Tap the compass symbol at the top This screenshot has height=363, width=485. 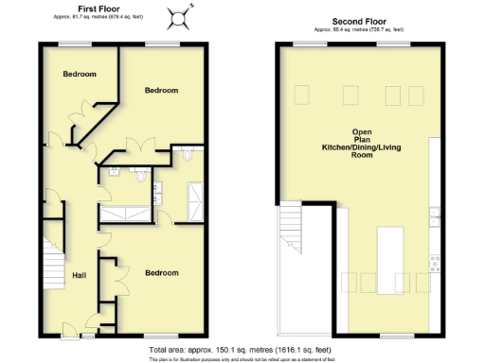click(176, 16)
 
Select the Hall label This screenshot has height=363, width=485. click(81, 276)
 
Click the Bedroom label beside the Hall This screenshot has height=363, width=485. click(161, 273)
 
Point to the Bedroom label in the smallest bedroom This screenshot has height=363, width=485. click(81, 74)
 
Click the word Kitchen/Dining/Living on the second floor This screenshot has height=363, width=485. click(360, 147)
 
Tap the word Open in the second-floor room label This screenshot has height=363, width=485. click(360, 131)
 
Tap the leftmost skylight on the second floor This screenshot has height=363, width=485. click(303, 95)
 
